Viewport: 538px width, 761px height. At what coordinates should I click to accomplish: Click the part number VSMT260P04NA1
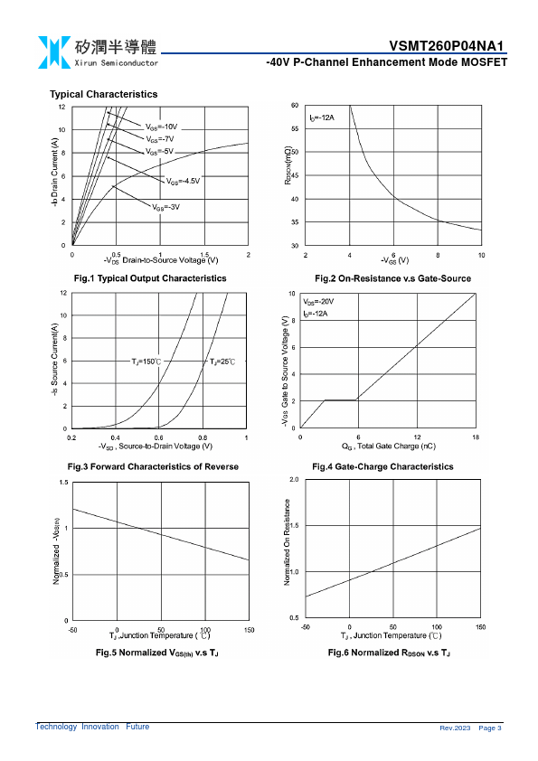447,45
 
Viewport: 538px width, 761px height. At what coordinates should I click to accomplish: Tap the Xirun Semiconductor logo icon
54,52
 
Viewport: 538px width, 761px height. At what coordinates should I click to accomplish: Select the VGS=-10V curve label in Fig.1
162,127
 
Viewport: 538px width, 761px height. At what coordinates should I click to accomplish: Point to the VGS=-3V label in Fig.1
166,207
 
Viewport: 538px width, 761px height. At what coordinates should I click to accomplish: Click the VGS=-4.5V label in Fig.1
183,181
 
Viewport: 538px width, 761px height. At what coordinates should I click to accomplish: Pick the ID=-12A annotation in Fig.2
322,117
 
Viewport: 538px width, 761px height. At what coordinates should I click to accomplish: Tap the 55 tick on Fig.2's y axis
295,129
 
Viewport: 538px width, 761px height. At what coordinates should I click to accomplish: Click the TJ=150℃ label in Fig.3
146,362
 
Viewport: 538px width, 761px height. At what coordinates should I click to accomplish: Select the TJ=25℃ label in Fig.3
222,362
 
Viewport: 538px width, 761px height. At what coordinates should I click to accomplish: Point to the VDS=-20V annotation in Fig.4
318,302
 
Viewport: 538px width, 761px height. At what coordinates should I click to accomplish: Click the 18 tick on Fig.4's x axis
476,437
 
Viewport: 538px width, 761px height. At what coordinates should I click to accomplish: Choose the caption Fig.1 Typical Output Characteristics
150,278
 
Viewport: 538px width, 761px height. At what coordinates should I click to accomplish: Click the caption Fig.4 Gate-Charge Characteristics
382,467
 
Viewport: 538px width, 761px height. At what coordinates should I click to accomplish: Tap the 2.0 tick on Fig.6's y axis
294,480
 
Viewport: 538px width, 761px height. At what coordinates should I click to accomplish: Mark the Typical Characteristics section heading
103,94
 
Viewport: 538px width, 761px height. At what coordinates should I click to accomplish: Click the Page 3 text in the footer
490,728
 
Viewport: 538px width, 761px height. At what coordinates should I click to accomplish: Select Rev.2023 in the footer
455,728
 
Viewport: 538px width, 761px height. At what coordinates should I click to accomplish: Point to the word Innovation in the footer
100,727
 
